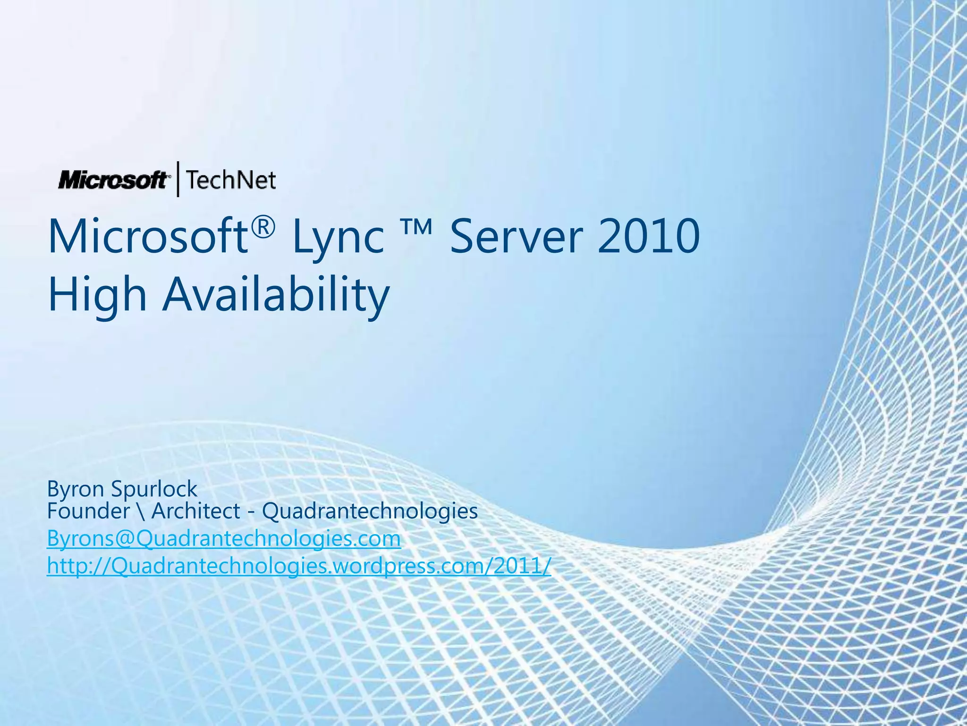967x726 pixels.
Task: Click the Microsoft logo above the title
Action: [112, 180]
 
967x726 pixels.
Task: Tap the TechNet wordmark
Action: [230, 180]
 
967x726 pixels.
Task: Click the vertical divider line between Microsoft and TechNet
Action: [178, 179]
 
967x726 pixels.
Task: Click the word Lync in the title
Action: [337, 238]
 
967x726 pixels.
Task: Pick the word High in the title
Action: [97, 295]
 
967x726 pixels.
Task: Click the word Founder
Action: [88, 511]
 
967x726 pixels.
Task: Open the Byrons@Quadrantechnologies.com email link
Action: [224, 539]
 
